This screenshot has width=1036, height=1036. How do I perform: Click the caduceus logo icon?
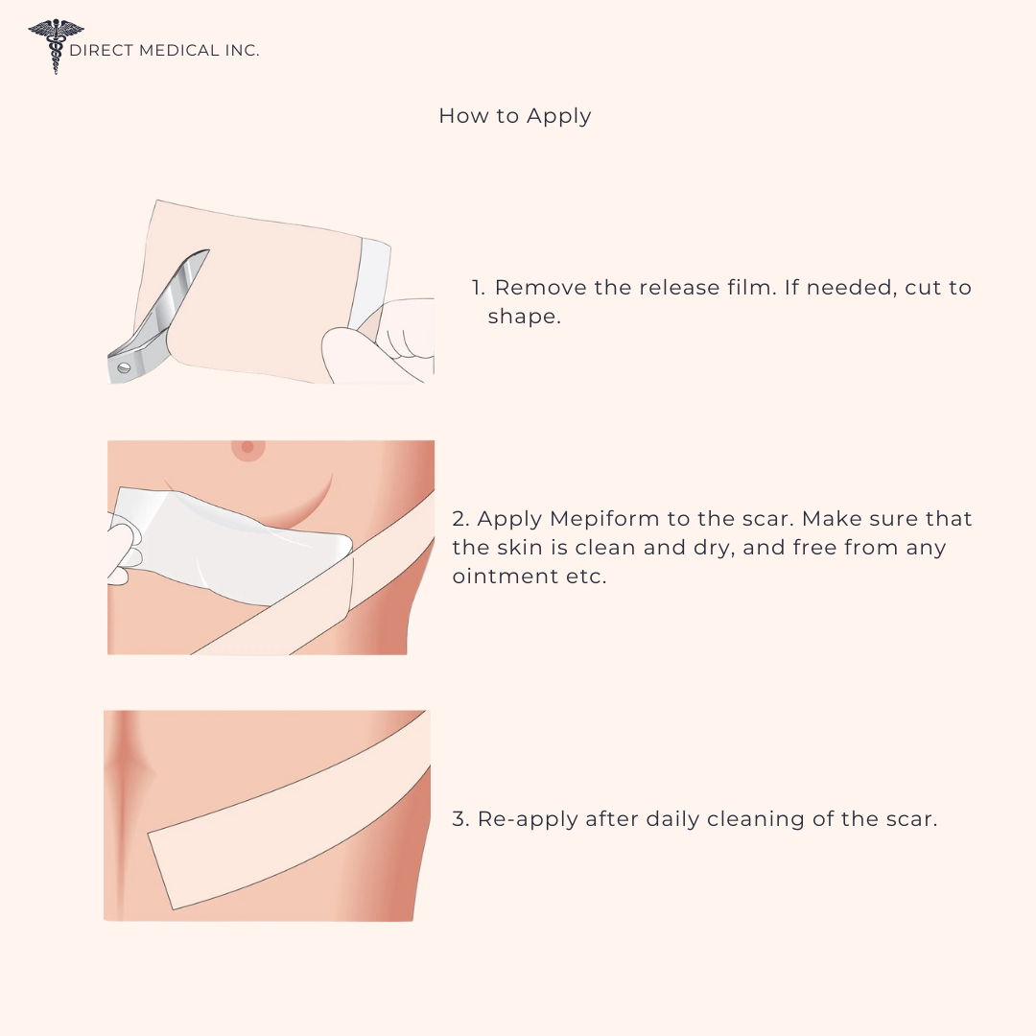point(57,46)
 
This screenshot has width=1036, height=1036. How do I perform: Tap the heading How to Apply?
point(515,116)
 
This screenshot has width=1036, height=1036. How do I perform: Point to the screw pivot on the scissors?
point(124,368)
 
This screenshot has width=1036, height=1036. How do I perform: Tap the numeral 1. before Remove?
point(479,288)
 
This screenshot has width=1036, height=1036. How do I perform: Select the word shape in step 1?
point(524,318)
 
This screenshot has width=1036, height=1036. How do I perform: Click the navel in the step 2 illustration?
point(247,447)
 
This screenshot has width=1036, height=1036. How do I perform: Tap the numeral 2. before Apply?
point(460,519)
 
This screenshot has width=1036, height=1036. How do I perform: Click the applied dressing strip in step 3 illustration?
point(289,811)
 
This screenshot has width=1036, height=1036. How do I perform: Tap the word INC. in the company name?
point(242,50)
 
